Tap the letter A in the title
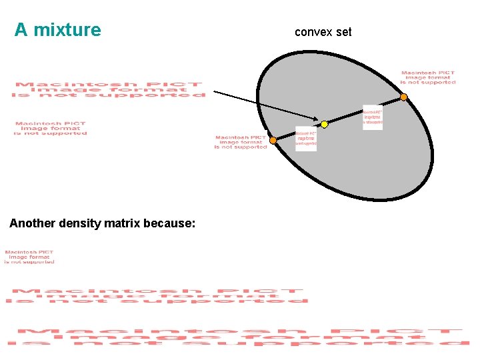tap(21, 30)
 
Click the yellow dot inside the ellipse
tap(325, 124)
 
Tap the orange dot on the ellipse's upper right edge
tap(403, 97)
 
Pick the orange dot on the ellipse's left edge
tap(273, 141)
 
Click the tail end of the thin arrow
tap(215, 91)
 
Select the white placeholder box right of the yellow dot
tap(373, 117)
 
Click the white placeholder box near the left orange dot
tap(306, 139)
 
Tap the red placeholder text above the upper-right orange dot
tap(428, 77)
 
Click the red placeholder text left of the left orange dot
tap(241, 142)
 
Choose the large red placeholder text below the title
tap(108, 90)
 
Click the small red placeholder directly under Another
tap(29, 257)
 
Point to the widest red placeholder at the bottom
tap(238, 337)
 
